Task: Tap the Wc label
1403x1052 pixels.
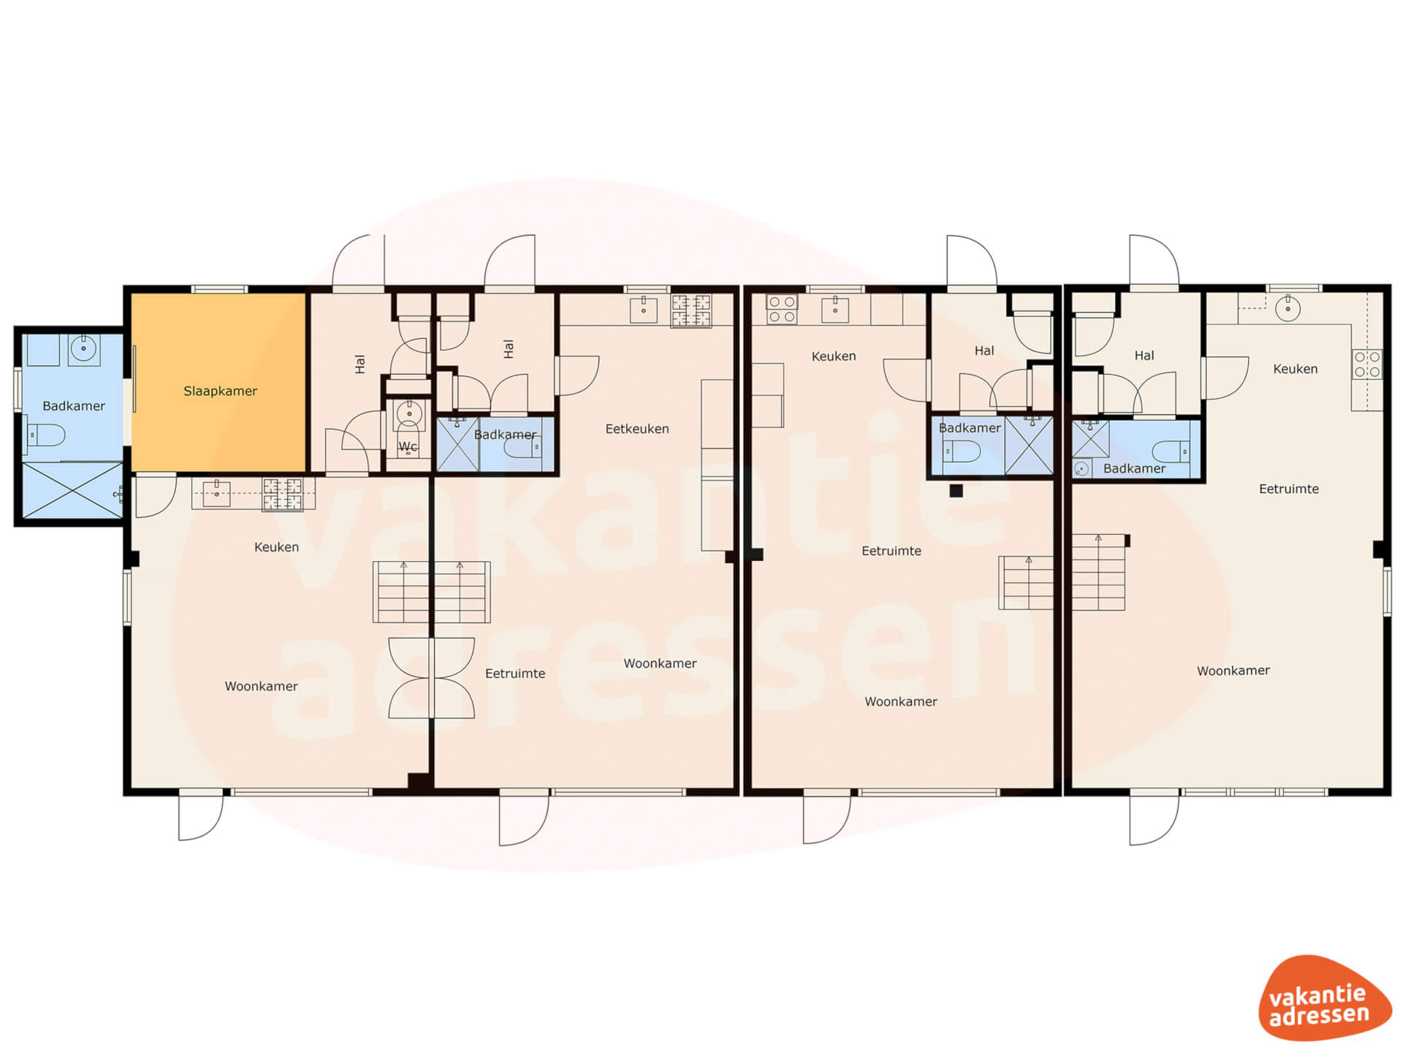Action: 408,446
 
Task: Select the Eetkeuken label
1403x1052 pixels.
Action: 637,429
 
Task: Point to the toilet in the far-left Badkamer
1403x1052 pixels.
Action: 46,435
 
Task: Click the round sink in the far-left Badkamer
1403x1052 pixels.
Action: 84,349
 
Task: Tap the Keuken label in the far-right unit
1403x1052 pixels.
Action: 1295,369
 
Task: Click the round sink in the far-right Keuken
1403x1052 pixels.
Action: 1288,308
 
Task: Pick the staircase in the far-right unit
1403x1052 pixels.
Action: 1098,572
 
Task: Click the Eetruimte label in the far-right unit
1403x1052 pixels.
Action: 1289,489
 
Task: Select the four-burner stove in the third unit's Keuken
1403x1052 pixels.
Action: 781,309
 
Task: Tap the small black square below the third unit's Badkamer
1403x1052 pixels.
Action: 956,491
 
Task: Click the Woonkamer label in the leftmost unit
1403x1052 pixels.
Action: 261,686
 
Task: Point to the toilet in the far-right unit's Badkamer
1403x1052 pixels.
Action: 1171,451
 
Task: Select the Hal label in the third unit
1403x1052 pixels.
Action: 984,351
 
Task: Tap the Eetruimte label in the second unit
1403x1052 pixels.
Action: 515,674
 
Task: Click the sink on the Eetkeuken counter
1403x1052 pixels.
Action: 643,309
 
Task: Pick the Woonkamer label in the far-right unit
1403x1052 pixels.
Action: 1233,671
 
